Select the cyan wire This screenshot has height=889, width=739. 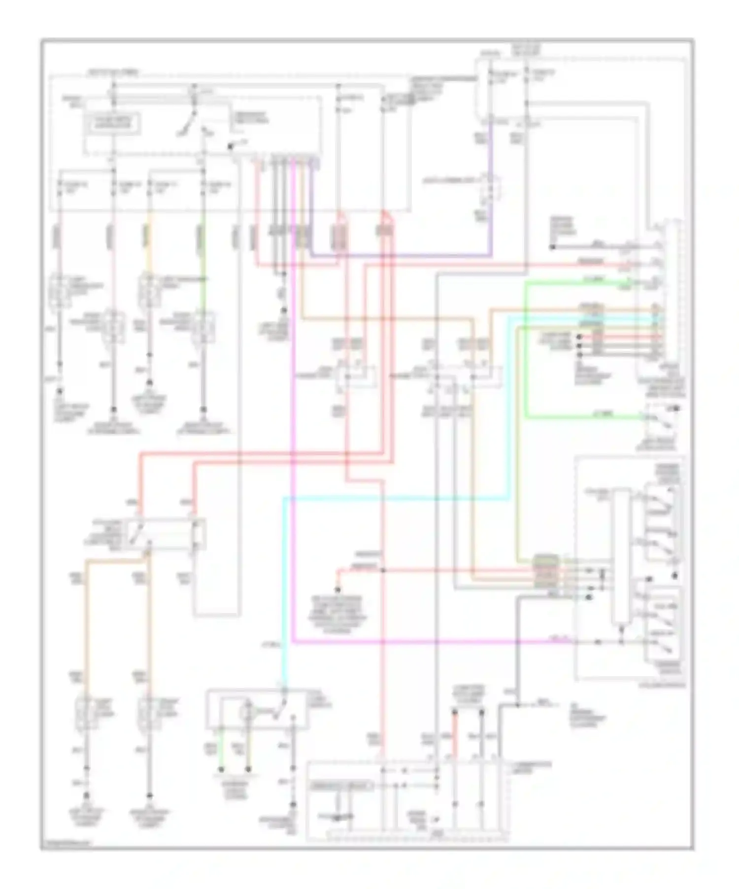click(394, 499)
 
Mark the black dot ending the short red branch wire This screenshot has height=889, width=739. click(338, 589)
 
